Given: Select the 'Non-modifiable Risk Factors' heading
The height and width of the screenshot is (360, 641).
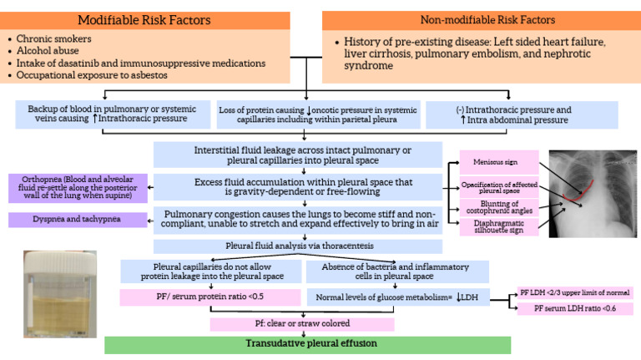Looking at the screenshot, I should pos(482,20).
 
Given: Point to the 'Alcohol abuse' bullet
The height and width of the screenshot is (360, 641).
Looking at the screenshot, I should pos(47,51).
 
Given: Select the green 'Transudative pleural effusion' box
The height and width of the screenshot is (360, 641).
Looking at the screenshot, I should pos(305,343).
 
